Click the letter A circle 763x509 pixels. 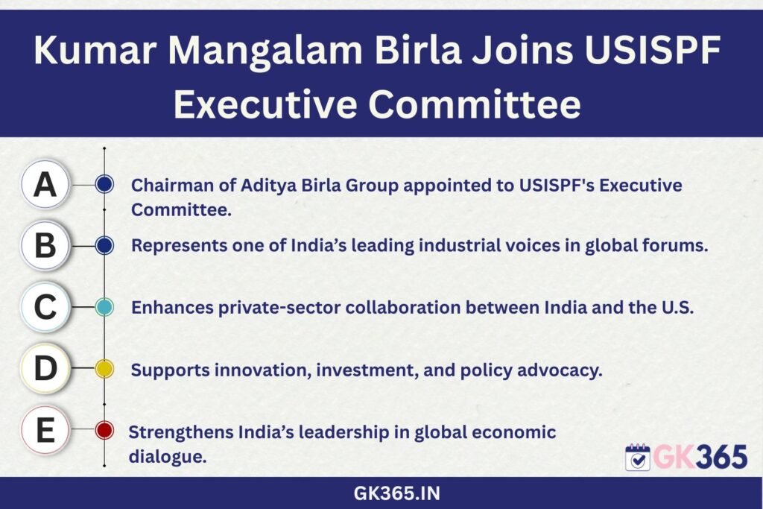(x=45, y=185)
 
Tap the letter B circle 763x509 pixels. (x=45, y=245)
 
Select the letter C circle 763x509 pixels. (x=45, y=307)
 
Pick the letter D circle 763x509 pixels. (x=45, y=368)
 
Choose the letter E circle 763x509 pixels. (x=45, y=430)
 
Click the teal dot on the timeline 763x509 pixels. (x=104, y=307)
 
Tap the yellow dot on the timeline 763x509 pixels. (x=104, y=369)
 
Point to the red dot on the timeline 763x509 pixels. (x=104, y=430)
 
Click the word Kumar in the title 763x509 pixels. (x=95, y=50)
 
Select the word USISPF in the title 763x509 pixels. (x=653, y=49)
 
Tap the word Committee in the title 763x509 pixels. (x=475, y=104)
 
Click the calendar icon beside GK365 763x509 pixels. (x=638, y=457)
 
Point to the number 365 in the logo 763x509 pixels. (x=721, y=458)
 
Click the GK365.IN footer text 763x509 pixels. (x=396, y=493)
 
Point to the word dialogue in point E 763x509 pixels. (x=168, y=457)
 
